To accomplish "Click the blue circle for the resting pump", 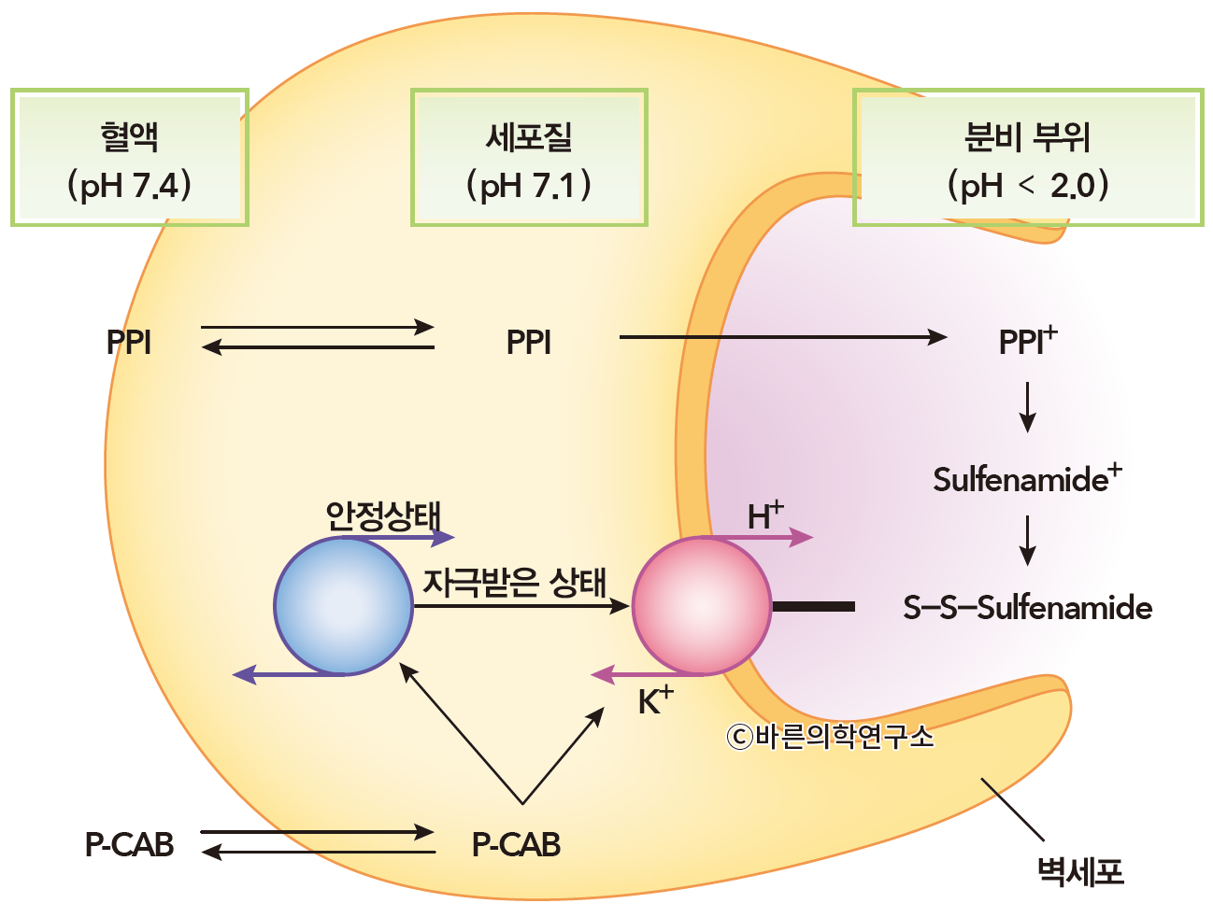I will coord(343,605).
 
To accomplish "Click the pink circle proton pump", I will coord(702,605).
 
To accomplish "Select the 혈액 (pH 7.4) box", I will coord(130,158).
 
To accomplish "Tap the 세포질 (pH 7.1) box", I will coord(529,158).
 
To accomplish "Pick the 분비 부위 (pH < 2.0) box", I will coord(1028,158).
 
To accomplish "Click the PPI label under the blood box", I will coord(129,343).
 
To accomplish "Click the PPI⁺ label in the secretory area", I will coord(1027,341).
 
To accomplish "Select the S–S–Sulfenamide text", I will coord(1027,608).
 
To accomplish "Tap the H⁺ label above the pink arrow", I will coord(764,515).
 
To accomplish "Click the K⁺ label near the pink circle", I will coord(655,700).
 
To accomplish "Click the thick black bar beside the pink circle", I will coord(813,607).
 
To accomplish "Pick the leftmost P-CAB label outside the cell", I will coord(130,844).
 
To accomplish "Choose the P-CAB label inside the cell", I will coord(516,844).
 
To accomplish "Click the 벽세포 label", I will coord(1079,871).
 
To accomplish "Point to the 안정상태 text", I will coord(382,515).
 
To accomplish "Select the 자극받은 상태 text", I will coord(515,582).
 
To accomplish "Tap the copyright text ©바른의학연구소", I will coord(830,737).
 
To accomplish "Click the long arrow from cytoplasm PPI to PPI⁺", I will coord(783,337).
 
